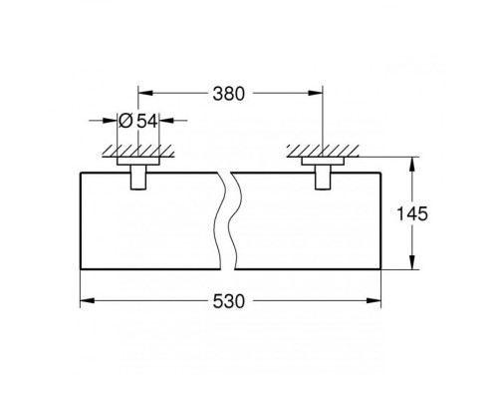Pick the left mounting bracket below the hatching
[136, 178]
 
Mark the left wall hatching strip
[136, 153]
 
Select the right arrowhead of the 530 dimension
[376, 298]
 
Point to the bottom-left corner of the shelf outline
[79, 270]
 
